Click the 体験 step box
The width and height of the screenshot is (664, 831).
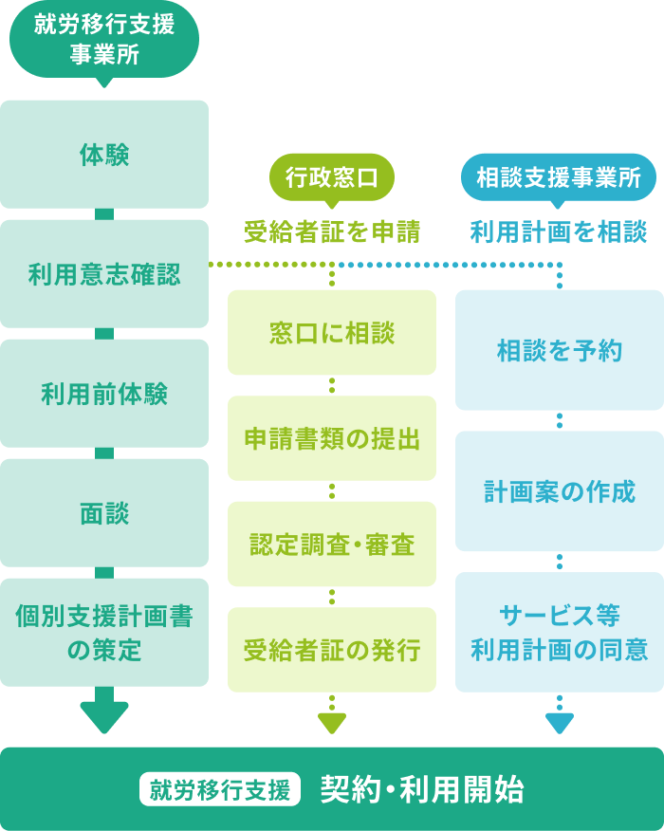pos(104,155)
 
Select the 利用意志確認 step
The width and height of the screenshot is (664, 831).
pos(104,274)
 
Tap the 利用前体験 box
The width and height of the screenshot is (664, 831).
pos(104,394)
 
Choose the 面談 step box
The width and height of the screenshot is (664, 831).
pos(104,513)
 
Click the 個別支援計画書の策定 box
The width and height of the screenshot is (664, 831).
pos(104,633)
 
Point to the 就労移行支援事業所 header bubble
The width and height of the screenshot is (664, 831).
pos(104,39)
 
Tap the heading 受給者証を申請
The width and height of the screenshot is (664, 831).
pos(331,231)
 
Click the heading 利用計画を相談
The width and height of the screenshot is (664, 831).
pos(559,231)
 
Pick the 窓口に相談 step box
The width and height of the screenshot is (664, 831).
pos(332,333)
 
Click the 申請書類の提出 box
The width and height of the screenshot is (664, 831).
pos(332,438)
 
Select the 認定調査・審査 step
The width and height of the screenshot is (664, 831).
pos(332,545)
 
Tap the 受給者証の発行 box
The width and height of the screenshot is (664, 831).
pos(332,650)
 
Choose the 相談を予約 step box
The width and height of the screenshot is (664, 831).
pos(560,350)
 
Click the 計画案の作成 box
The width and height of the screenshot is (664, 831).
pos(560,491)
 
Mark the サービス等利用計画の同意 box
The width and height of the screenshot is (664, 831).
pos(560,633)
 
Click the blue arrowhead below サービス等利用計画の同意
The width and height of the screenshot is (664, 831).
pos(560,723)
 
